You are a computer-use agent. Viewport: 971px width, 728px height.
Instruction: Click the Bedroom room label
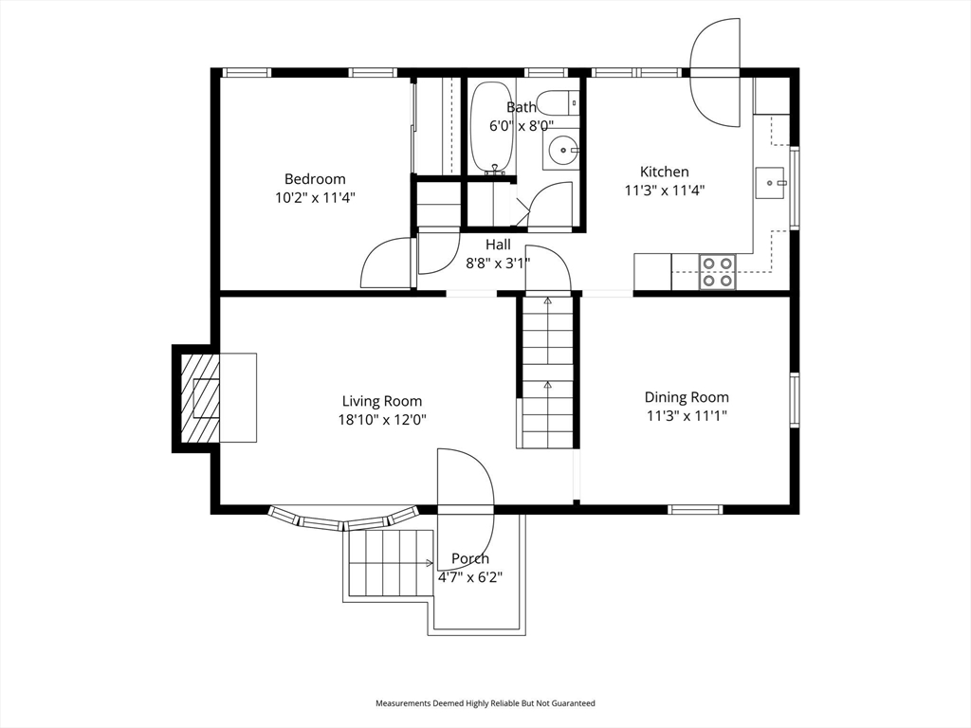tap(315, 179)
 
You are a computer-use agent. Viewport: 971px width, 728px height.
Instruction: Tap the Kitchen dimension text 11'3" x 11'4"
tap(664, 190)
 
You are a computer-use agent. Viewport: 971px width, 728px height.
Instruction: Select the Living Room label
tap(382, 401)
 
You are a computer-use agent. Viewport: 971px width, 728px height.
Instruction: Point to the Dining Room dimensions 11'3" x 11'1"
tap(687, 415)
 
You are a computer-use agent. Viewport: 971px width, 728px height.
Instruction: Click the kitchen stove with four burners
tap(717, 271)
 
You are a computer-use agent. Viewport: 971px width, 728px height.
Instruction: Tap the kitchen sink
tap(771, 182)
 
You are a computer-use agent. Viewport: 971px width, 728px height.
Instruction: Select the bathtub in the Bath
tap(492, 128)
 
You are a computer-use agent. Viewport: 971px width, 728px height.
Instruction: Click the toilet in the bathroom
tap(557, 102)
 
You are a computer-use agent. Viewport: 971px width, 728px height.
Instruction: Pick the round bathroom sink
tap(563, 149)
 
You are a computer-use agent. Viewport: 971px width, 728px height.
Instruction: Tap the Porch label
tap(470, 558)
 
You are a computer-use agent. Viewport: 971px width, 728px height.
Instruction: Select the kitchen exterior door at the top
tap(716, 72)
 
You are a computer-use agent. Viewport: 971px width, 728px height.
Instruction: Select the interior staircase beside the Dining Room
tap(546, 373)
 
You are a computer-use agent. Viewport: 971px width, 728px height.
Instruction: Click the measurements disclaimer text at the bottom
tap(485, 703)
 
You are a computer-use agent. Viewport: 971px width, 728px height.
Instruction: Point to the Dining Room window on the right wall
tap(795, 400)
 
